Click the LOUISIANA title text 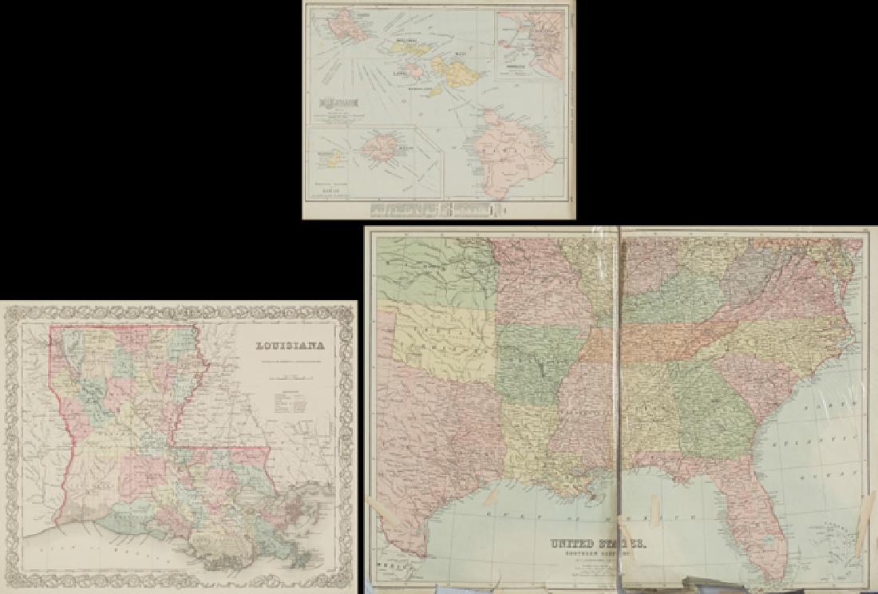click(x=291, y=346)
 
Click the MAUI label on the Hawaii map click(x=461, y=55)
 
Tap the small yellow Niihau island click(x=334, y=158)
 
